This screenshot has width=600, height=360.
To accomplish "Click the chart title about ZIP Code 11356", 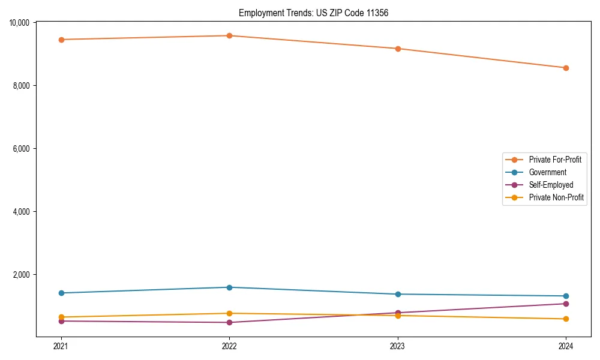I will (313, 13).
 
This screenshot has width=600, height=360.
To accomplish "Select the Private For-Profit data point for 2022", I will (229, 35).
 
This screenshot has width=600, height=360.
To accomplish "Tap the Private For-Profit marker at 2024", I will (566, 68).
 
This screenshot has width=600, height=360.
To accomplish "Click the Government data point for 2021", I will (61, 293).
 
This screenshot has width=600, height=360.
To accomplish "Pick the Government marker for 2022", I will (229, 287).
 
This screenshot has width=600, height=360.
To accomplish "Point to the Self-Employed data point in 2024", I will (566, 304).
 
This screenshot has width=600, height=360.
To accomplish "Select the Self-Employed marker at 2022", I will (229, 322).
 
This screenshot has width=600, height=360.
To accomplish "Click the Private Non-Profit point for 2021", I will (61, 317).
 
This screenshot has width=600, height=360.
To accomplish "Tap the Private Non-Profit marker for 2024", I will (566, 319).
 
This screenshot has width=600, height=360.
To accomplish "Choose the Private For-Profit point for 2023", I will (398, 49).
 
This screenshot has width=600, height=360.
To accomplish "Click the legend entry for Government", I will (547, 172).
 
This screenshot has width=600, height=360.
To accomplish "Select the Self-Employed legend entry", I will (551, 185).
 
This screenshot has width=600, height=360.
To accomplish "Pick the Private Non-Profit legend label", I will (556, 197).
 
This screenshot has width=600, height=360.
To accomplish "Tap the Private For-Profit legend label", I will (555, 160).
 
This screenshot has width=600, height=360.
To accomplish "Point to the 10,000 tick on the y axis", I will (22, 23).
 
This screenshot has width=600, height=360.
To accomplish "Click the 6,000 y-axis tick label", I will (23, 149).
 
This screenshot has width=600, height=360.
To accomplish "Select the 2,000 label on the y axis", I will (23, 275).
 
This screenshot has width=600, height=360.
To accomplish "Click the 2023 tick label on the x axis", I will (398, 346).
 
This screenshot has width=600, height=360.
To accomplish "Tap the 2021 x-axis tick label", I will (61, 346).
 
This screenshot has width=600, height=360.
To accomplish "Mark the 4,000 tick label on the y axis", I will (23, 212).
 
